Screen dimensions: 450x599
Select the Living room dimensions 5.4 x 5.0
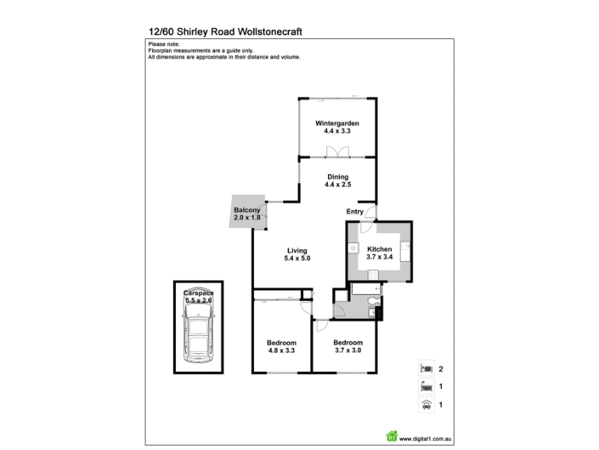click(297, 259)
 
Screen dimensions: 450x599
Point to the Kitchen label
click(380, 248)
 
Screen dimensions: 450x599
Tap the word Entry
click(355, 212)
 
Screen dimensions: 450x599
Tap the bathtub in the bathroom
click(366, 288)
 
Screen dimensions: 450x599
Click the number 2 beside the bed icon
click(441, 369)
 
